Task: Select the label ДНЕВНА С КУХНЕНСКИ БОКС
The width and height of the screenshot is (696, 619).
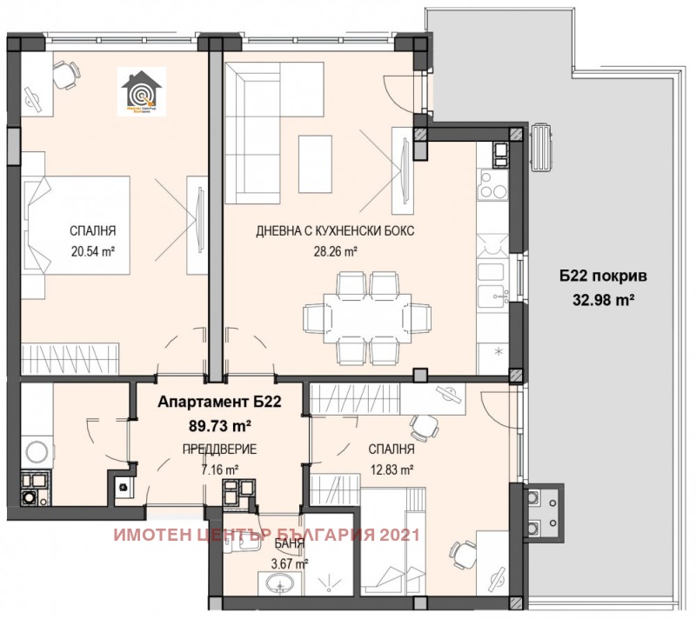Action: click(x=335, y=232)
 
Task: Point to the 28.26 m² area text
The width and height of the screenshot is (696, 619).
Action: click(x=336, y=252)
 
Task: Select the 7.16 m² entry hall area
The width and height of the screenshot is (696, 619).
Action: click(x=215, y=469)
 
